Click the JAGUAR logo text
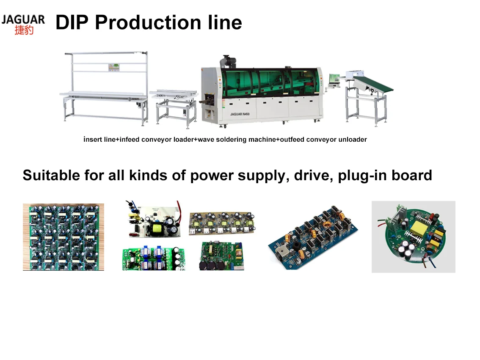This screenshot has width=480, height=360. pos(23,19)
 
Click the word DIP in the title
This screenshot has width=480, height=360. pos(72,22)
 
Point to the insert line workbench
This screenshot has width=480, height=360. pos(105,89)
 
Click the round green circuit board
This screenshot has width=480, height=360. pos(413,237)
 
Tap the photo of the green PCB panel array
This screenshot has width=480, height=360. pos(63,237)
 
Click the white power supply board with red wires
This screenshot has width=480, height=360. pos(154,220)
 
